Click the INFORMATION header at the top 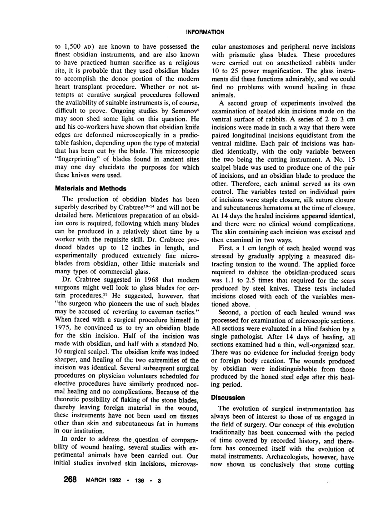206,32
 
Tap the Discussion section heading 229,397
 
